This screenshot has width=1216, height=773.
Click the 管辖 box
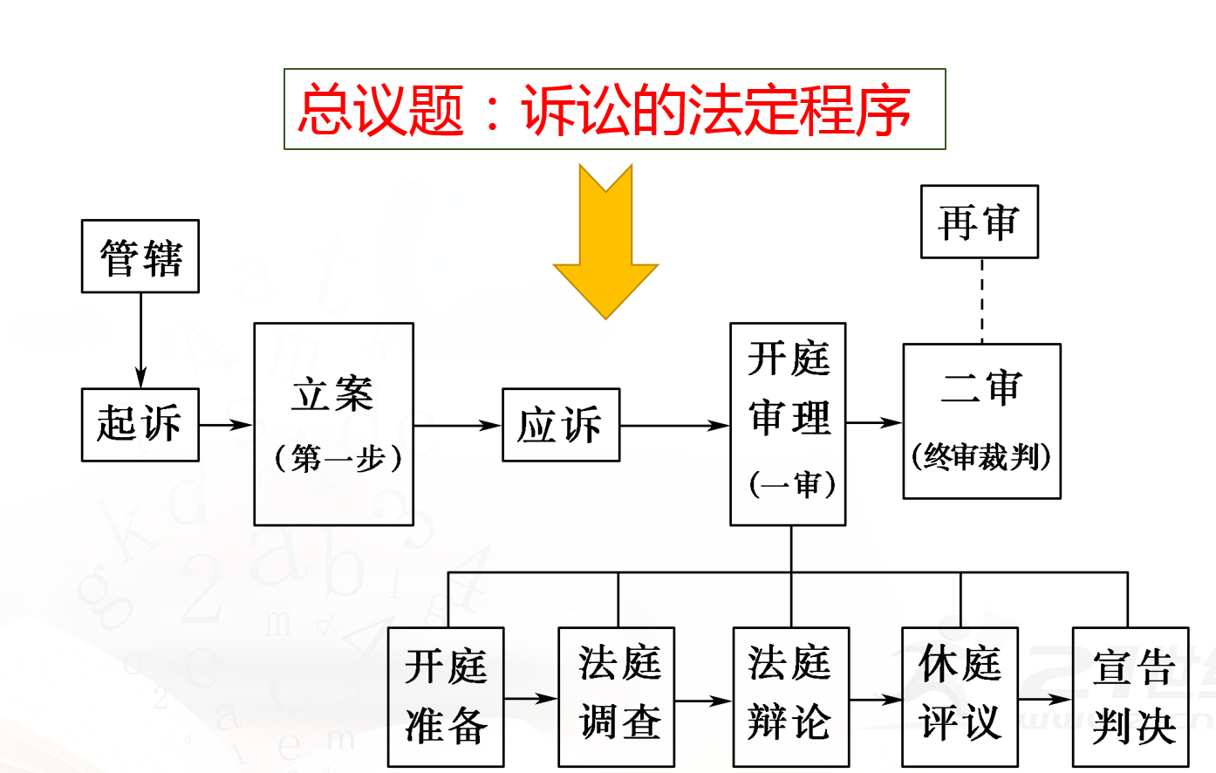[x=140, y=257]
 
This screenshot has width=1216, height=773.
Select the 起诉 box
[x=140, y=425]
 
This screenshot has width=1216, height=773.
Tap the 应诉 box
[x=561, y=426]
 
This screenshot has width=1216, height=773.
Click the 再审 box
[x=979, y=222]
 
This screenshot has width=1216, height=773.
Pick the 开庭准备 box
[x=446, y=696]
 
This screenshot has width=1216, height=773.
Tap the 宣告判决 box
[x=1131, y=696]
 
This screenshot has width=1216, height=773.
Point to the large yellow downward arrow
[x=605, y=244]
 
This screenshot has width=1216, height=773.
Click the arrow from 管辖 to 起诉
[x=140, y=340]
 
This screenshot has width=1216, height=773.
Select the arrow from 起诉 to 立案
[x=226, y=425]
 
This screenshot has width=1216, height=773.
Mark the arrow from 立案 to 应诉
[x=457, y=426]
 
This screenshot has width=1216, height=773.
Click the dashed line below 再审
[x=981, y=301]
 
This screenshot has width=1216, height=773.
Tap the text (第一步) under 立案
[x=338, y=458]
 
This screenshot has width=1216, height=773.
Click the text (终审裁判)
[x=981, y=456]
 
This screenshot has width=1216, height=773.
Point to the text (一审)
[x=792, y=484]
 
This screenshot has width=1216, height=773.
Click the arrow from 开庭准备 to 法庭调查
[x=530, y=698]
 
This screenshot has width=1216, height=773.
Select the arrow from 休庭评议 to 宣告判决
[x=1044, y=699]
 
